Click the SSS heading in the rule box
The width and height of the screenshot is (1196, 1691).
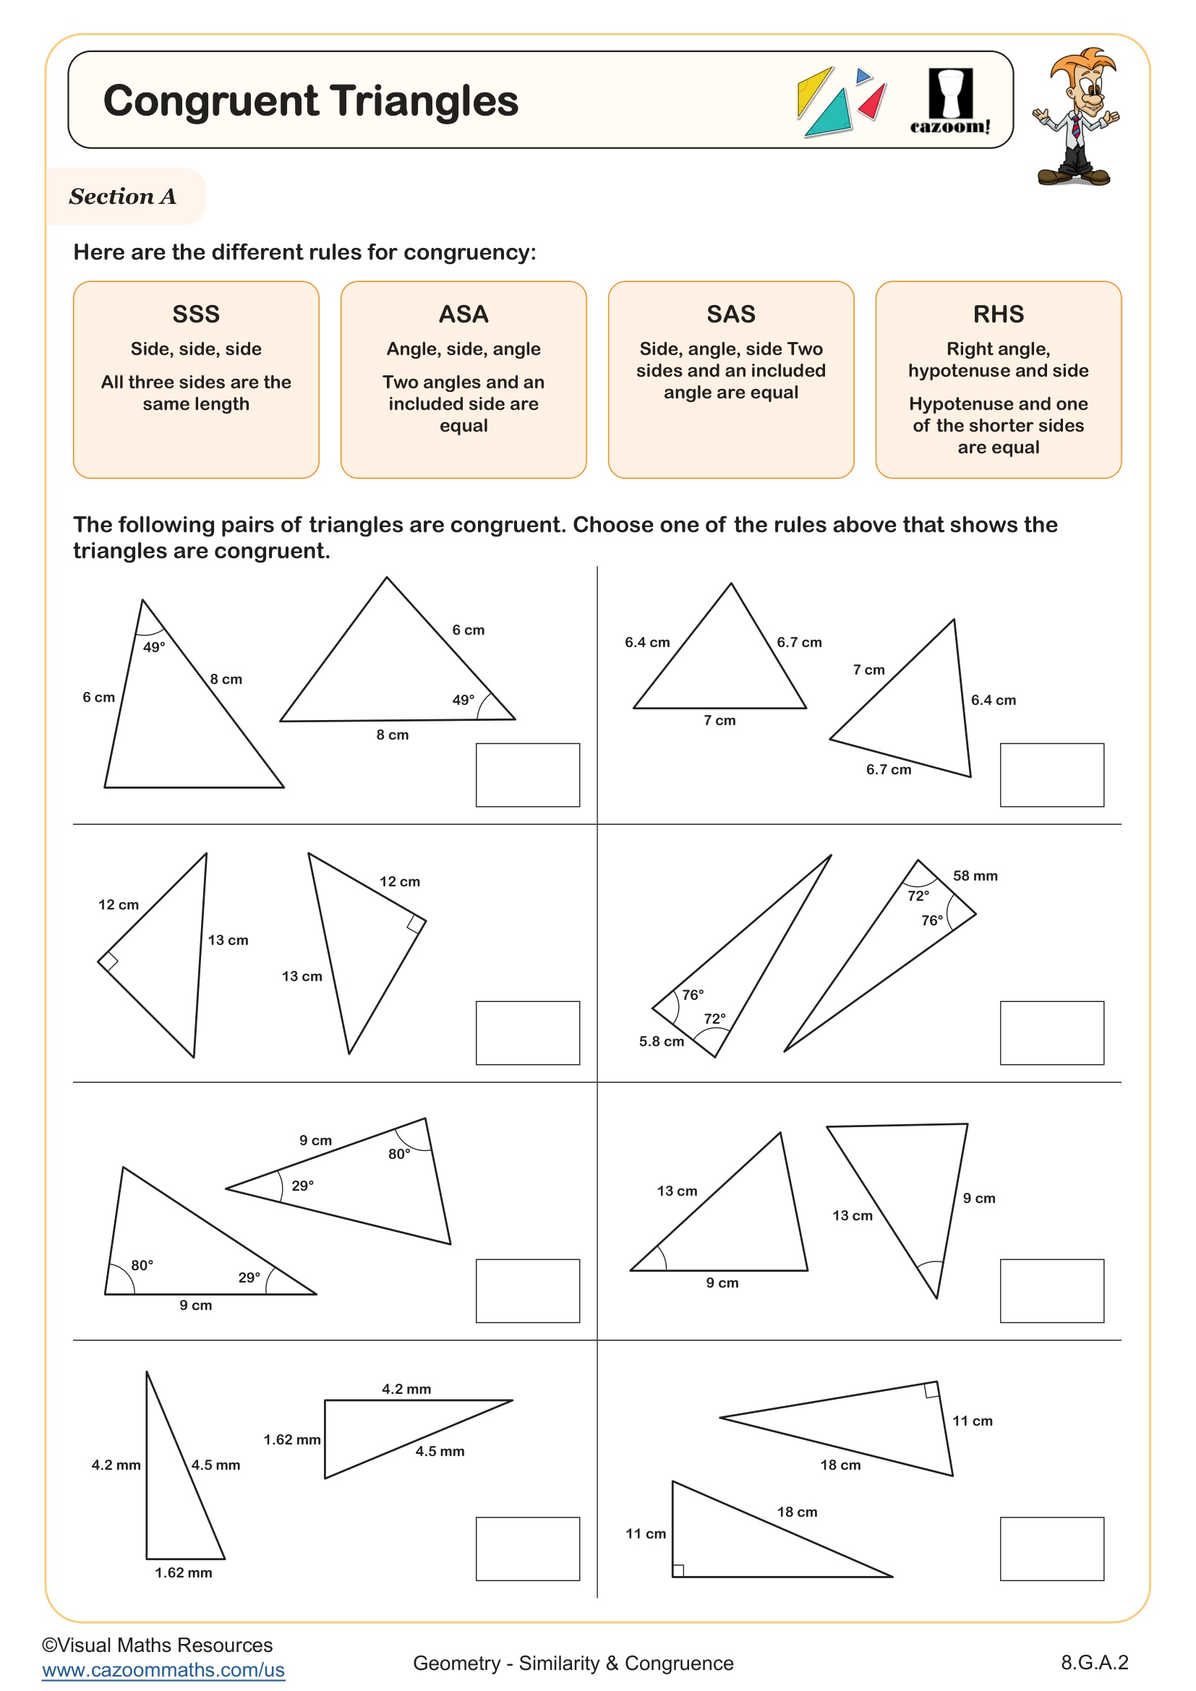pyautogui.click(x=196, y=314)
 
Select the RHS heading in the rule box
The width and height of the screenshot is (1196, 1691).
pyautogui.click(x=998, y=314)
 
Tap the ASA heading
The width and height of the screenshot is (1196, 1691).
pyautogui.click(x=464, y=314)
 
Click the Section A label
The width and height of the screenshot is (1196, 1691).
pyautogui.click(x=122, y=197)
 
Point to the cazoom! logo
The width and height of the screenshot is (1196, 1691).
pyautogui.click(x=950, y=103)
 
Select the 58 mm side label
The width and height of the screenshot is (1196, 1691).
pyautogui.click(x=974, y=876)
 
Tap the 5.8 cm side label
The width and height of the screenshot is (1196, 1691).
pyautogui.click(x=661, y=1041)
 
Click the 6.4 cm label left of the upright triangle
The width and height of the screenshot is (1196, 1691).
pyautogui.click(x=646, y=642)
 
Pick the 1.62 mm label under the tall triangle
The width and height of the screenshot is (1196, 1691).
pyautogui.click(x=184, y=1572)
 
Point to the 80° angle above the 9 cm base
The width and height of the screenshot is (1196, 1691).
pyautogui.click(x=142, y=1265)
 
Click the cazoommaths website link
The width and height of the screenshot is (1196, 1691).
pyautogui.click(x=163, y=1669)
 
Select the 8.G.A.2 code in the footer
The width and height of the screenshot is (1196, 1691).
pyautogui.click(x=1093, y=1662)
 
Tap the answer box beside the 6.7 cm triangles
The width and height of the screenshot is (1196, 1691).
pyautogui.click(x=1051, y=775)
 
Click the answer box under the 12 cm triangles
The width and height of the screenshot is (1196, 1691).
pyautogui.click(x=527, y=1032)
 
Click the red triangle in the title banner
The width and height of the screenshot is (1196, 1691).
pyautogui.click(x=871, y=103)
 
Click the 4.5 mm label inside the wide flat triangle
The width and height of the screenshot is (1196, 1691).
pyautogui.click(x=440, y=1451)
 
